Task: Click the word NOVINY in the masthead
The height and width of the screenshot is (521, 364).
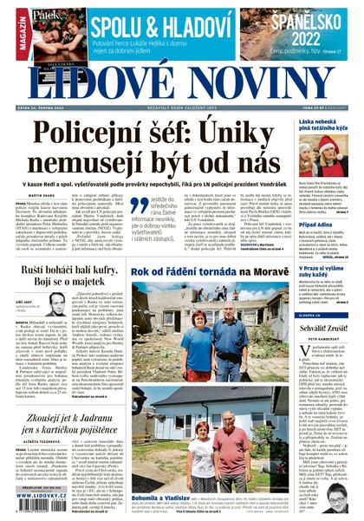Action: tap(257, 85)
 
